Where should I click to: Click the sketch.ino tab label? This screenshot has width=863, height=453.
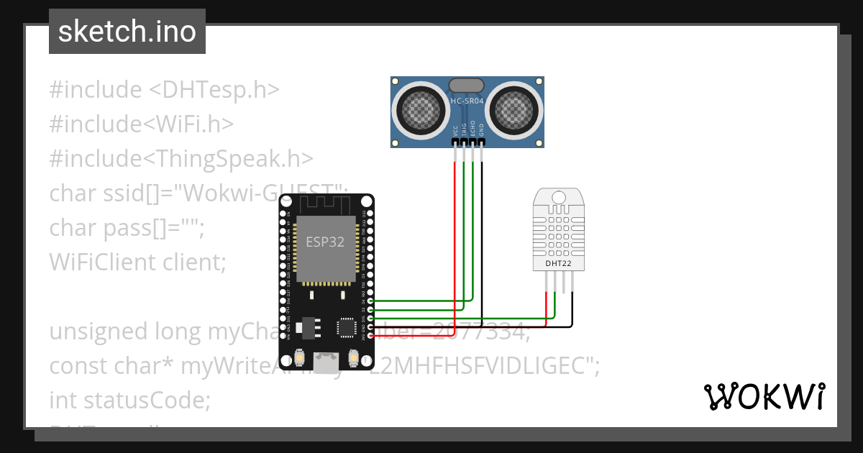(x=127, y=32)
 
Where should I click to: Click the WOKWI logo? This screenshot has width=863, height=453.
(x=764, y=396)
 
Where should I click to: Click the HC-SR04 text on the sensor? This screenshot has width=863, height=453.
(x=467, y=101)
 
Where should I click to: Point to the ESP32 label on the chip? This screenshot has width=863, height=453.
(x=325, y=242)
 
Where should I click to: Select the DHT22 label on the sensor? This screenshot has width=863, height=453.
(x=558, y=262)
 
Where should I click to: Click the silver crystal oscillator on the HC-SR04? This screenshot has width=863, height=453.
(x=467, y=86)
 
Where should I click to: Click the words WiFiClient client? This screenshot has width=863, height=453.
(x=137, y=262)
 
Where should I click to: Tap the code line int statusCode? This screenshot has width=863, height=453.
(x=129, y=399)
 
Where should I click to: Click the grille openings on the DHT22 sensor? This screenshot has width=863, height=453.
(x=558, y=229)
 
